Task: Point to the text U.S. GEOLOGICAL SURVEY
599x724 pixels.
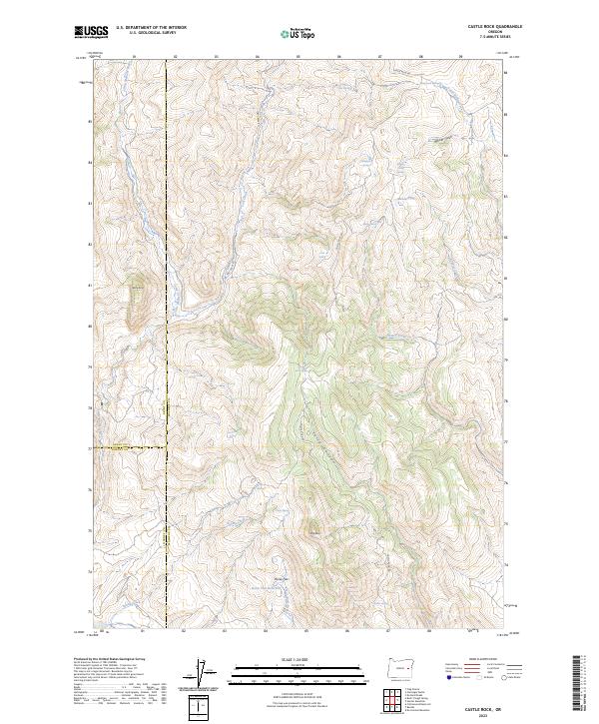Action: pos(151,35)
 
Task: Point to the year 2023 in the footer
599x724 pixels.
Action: pos(482,710)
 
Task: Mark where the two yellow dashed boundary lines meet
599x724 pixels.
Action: pos(166,446)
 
